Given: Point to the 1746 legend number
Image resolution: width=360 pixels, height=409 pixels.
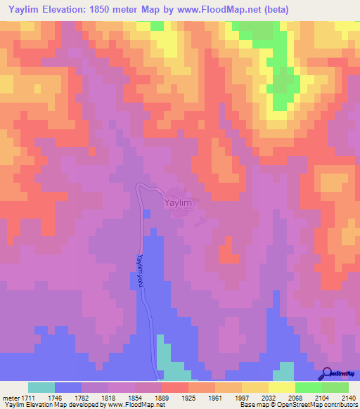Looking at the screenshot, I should point(56,397).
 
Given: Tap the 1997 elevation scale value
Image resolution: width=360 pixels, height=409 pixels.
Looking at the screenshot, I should point(242,397).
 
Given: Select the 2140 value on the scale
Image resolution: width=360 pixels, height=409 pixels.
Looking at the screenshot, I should point(348,397).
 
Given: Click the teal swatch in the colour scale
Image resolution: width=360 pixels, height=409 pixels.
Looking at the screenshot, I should point(41,387).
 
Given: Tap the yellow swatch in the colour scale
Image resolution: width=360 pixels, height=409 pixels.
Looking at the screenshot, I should point(281,387).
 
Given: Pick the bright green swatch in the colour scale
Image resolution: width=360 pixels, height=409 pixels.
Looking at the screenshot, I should point(308,387).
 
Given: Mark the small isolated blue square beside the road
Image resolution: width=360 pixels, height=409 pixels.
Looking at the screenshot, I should point(146,213).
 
